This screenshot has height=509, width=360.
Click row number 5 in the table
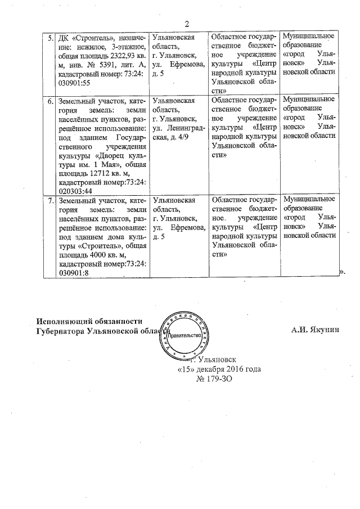50,38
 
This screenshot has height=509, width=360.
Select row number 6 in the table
50,101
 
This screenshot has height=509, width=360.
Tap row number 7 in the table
50,200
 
